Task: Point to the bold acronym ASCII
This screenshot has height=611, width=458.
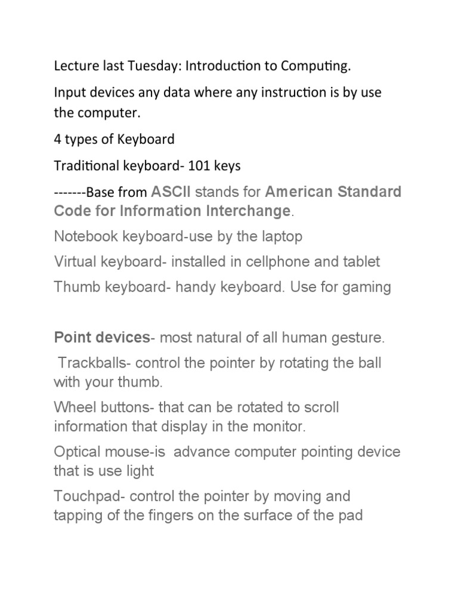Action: pos(171,192)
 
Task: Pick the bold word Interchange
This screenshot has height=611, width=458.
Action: pos(247,211)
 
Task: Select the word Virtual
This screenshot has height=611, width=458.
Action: pos(74,261)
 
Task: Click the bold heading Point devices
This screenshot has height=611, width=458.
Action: pos(101,338)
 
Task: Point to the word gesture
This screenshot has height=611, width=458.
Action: pos(358,338)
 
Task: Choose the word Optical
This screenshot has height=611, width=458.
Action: pos(75,452)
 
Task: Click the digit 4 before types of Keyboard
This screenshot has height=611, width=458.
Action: pos(58,140)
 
